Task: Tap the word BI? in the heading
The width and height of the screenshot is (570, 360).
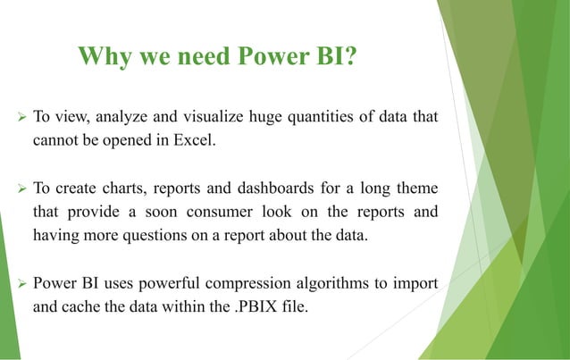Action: (x=332, y=58)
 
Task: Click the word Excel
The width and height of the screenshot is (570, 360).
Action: (x=192, y=141)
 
